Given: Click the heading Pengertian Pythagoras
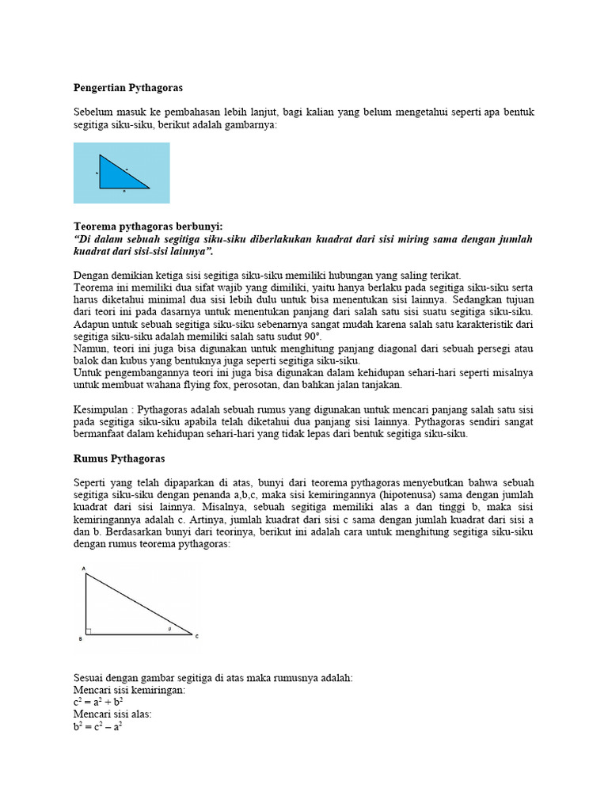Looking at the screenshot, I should pyautogui.click(x=128, y=87).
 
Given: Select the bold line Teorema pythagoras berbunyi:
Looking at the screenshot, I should pyautogui.click(x=148, y=227).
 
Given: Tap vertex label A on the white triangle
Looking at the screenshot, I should pyautogui.click(x=85, y=568).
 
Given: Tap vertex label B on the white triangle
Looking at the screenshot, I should pyautogui.click(x=81, y=638).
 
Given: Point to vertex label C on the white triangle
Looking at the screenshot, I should pyautogui.click(x=196, y=636).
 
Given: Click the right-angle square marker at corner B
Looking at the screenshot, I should pyautogui.click(x=89, y=631).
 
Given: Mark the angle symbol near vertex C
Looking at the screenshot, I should pyautogui.click(x=169, y=630).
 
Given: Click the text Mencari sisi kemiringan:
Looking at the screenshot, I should pyautogui.click(x=129, y=690).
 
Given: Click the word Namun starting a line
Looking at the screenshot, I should pyautogui.click(x=89, y=348).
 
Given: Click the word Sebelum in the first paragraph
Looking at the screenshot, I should pyautogui.click(x=94, y=112).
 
